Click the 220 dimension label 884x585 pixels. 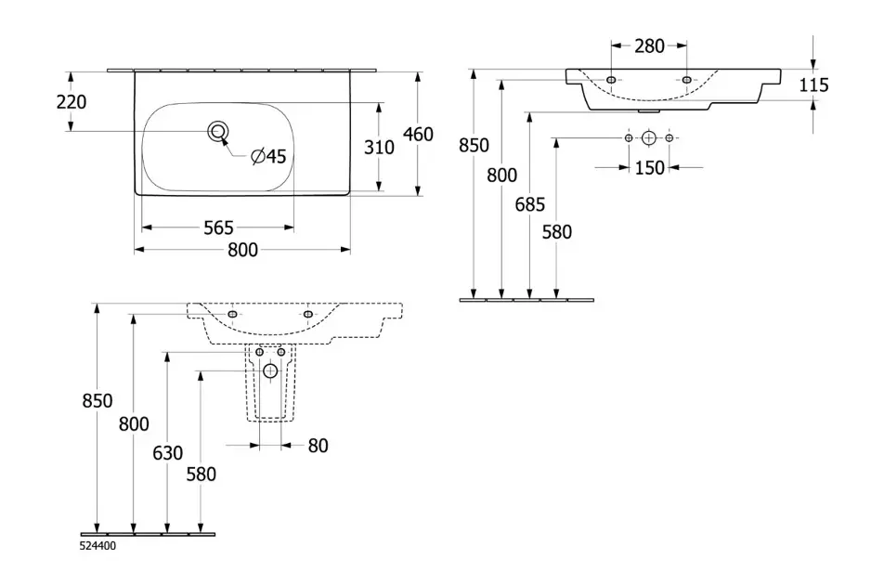point(71,101)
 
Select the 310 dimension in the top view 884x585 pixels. point(379,147)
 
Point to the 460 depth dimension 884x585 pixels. point(418,134)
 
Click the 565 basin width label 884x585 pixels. point(217,227)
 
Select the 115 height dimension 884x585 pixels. point(813,85)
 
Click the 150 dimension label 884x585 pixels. point(649,168)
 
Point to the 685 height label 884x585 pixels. point(529,204)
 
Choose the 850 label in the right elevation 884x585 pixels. point(474,146)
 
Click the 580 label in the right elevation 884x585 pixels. point(556,231)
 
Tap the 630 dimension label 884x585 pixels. point(167,453)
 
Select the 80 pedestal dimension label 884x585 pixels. point(318,446)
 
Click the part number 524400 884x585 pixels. point(98,548)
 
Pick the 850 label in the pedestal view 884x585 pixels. point(97,401)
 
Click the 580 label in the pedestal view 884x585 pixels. point(201,474)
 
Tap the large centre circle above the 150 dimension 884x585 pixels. point(649,138)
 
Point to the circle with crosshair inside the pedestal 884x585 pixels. point(270,370)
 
